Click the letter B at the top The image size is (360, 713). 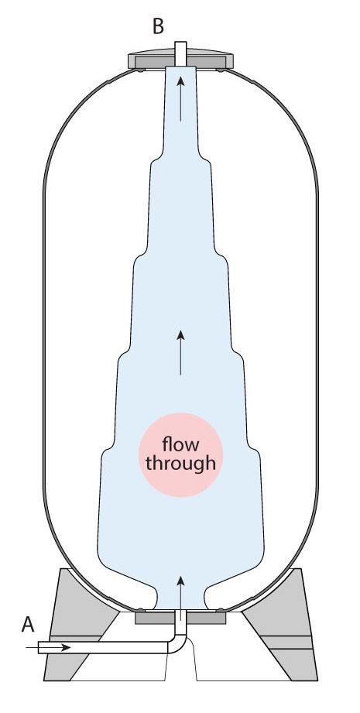coord(158,26)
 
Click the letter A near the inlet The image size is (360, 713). coord(28,625)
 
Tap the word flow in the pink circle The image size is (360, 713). coord(180,444)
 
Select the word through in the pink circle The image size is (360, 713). coord(180,464)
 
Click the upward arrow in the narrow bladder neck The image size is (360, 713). coord(180,98)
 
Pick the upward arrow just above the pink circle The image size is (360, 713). coord(180,353)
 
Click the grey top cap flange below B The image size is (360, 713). coord(180,60)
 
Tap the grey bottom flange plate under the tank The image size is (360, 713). coord(180,617)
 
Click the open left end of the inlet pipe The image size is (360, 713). coord(39,647)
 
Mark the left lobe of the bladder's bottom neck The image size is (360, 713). coord(153,596)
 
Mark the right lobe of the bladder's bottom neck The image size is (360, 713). coord(208,596)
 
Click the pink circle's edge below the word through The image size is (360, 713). coord(180,496)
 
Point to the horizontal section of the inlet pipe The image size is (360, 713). coord(104,647)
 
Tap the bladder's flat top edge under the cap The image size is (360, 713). coord(180,67)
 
